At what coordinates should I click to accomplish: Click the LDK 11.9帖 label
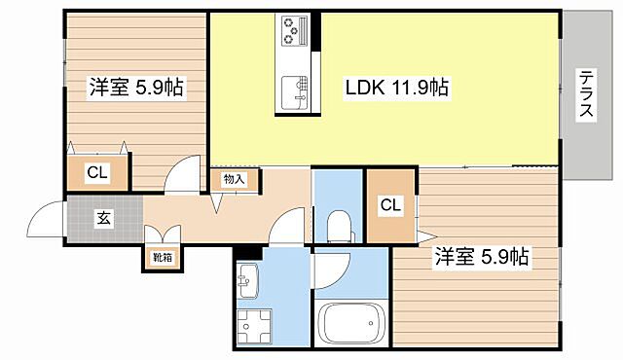tap(396, 88)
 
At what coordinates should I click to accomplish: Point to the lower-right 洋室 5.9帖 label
tap(481, 257)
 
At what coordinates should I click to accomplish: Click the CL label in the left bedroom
tap(95, 173)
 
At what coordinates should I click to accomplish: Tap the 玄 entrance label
tap(103, 218)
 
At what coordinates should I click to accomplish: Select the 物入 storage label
tap(234, 179)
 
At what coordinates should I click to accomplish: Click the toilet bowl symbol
tap(339, 226)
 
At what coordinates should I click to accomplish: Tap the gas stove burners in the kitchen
tap(294, 31)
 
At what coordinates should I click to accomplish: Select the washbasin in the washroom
tap(246, 281)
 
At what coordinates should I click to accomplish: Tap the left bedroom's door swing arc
tap(181, 178)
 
